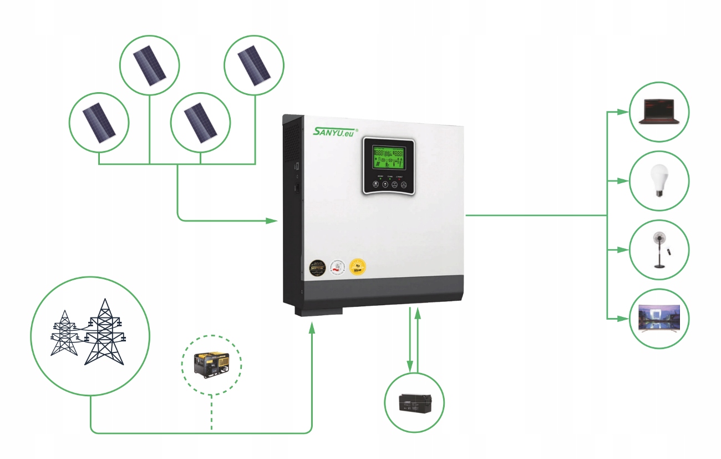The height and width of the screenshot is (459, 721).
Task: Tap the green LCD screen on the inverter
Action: coord(388,158)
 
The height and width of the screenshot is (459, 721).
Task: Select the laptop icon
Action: coord(659,112)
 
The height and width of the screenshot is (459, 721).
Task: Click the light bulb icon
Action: coord(659,180)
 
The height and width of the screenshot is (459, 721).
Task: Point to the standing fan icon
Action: coord(660,250)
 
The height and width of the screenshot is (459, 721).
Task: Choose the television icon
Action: coord(659,319)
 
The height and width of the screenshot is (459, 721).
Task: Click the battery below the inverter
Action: coord(414,402)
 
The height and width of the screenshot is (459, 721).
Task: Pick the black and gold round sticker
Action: coord(317,268)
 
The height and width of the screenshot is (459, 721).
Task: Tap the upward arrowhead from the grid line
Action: coord(312,328)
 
